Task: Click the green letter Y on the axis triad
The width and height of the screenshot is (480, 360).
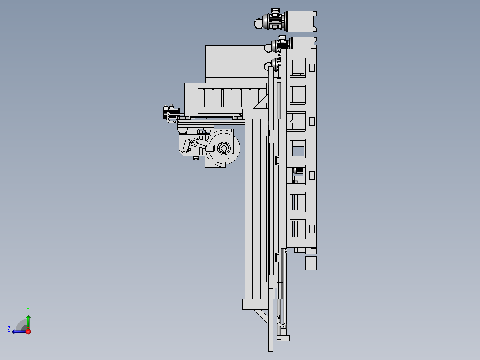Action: pyautogui.click(x=28, y=310)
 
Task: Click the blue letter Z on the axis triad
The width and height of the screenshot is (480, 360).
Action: pyautogui.click(x=9, y=329)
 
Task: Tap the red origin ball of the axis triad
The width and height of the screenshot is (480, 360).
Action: pyautogui.click(x=28, y=331)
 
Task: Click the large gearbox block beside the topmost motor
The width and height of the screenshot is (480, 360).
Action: pyautogui.click(x=301, y=21)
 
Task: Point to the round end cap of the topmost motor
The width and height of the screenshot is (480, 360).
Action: pyautogui.click(x=259, y=23)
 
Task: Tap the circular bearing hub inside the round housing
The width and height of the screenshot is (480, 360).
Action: pyautogui.click(x=224, y=149)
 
